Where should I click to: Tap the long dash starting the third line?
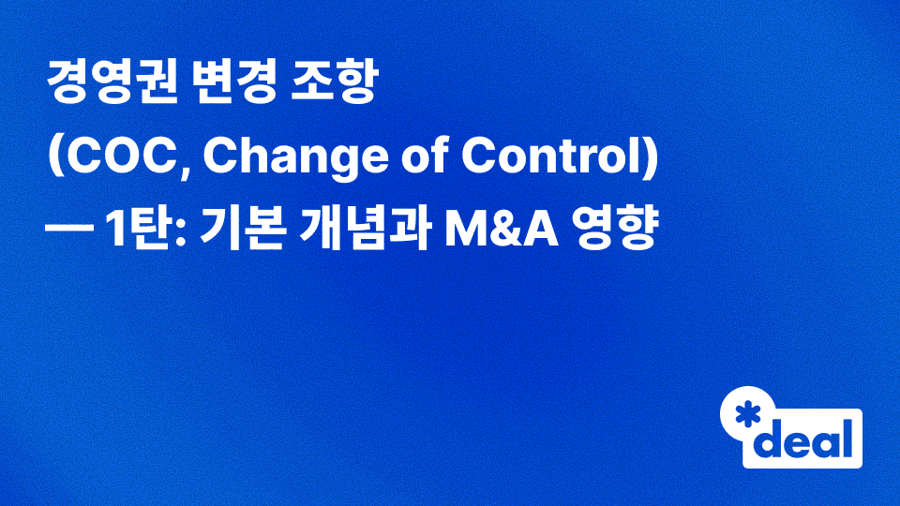[70, 232]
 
